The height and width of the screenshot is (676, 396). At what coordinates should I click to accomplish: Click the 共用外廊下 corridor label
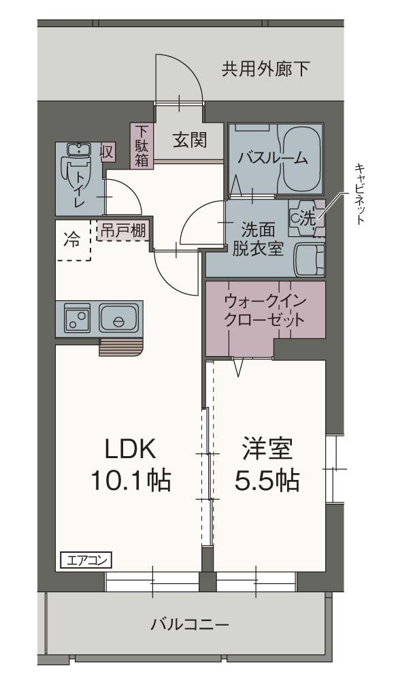[x=266, y=68]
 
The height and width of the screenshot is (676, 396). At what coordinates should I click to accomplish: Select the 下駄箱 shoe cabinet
[x=142, y=145]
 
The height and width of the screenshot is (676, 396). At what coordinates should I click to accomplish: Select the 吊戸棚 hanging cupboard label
[x=123, y=230]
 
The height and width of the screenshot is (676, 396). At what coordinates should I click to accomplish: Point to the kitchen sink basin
[x=118, y=318]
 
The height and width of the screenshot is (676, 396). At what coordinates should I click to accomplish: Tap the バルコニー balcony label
[x=190, y=623]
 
